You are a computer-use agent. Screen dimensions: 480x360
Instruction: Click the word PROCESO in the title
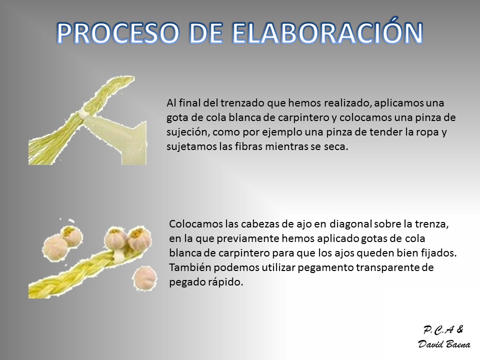(118, 33)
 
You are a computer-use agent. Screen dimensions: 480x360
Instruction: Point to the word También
(190, 267)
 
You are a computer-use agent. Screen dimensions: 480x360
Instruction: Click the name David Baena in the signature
(444, 344)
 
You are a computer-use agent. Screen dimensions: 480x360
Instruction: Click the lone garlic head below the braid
(145, 278)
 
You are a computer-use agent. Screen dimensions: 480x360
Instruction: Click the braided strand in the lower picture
(79, 272)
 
